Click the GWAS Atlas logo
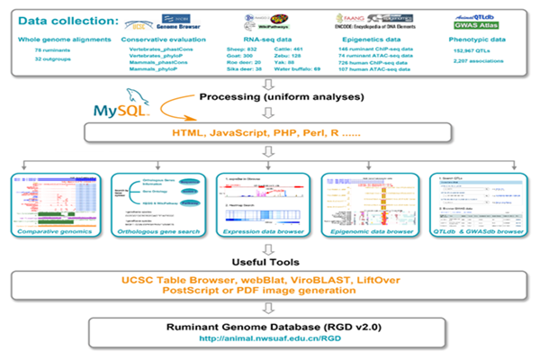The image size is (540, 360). coord(473,26)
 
